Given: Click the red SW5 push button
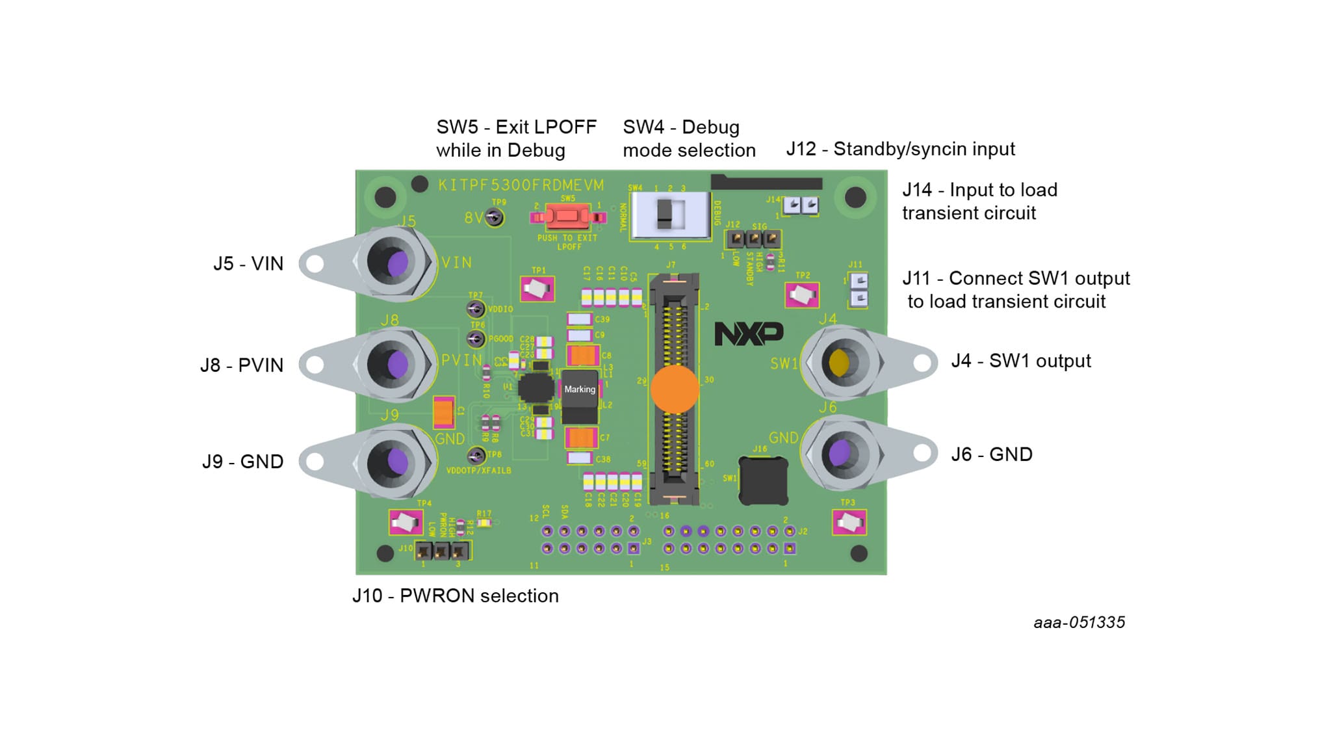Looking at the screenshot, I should (x=567, y=216).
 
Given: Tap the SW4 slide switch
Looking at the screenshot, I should (x=669, y=215).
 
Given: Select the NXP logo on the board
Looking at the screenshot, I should (x=749, y=334).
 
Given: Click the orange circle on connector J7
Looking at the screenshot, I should (x=675, y=389).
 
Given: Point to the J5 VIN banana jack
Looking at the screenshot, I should (x=393, y=263).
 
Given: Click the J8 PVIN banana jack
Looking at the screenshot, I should (x=393, y=364).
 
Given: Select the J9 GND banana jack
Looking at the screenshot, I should (x=393, y=462).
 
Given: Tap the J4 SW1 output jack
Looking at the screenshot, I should (x=841, y=362).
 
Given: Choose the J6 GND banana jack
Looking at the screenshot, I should (x=841, y=453).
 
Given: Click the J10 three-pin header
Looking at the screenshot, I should (x=441, y=551).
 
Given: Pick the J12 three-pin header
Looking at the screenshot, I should (x=753, y=239).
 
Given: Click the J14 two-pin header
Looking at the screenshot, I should (x=801, y=205).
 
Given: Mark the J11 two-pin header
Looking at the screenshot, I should (x=859, y=289).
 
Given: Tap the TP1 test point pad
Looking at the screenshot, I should (x=537, y=289).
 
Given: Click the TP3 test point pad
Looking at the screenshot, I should (x=849, y=522).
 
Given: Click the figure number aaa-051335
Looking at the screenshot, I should (x=1079, y=622).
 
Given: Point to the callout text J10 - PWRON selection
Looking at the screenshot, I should (x=455, y=596).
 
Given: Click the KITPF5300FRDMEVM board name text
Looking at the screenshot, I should (x=521, y=185).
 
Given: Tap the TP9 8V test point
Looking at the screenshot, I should (x=495, y=217).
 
